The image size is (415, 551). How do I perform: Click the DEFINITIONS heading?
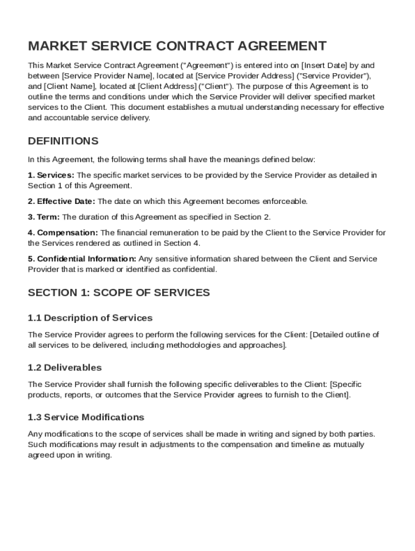pyautogui.click(x=63, y=141)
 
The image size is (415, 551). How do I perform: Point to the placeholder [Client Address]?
pyautogui.click(x=168, y=86)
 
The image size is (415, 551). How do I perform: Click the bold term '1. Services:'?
pyautogui.click(x=51, y=175)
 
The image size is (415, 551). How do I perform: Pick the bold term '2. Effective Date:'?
pyautogui.click(x=61, y=201)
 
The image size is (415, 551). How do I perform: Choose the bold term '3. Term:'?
pyautogui.click(x=44, y=217)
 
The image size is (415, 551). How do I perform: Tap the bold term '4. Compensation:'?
pyautogui.click(x=63, y=232)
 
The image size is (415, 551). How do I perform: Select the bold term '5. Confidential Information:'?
pyautogui.click(x=82, y=259)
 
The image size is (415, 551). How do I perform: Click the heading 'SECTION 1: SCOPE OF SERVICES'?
pyautogui.click(x=119, y=293)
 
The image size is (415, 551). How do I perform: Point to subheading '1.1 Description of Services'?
pyautogui.click(x=90, y=317)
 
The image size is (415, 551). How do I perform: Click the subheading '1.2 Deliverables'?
pyautogui.click(x=65, y=368)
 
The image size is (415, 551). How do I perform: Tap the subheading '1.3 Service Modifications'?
pyautogui.click(x=86, y=417)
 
